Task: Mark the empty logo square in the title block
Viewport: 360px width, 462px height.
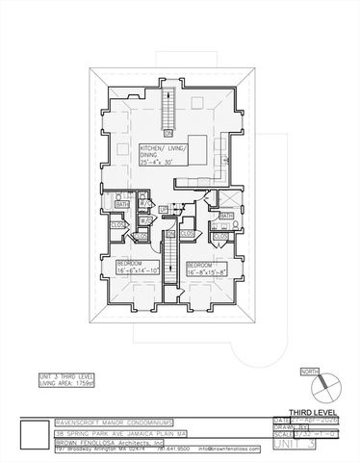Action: coord(34,435)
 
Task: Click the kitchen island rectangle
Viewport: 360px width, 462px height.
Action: coord(198,151)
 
